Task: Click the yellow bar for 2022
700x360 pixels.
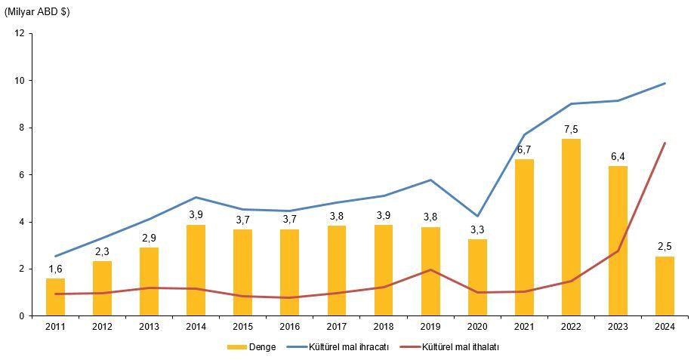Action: coord(571,226)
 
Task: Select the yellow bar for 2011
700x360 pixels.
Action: coord(55,297)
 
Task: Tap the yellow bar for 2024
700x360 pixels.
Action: coord(665,286)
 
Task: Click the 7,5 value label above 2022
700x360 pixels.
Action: coord(571,129)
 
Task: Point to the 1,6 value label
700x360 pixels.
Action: coord(55,269)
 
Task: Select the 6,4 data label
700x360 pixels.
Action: coord(618,156)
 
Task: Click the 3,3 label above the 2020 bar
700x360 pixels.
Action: coord(477,229)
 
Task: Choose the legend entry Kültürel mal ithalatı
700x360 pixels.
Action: coord(460,347)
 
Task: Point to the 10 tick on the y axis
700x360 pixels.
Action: coord(20,81)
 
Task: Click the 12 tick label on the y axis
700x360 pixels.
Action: coord(20,33)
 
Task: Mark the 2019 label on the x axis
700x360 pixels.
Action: coord(430,326)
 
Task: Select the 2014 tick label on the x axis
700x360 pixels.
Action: coord(196,326)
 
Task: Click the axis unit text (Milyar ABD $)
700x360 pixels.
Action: coord(37,12)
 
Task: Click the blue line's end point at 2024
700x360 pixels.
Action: coord(665,83)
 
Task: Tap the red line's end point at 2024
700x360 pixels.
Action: coord(665,143)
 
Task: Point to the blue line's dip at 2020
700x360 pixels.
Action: coord(477,216)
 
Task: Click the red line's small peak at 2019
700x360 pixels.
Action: coord(430,269)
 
